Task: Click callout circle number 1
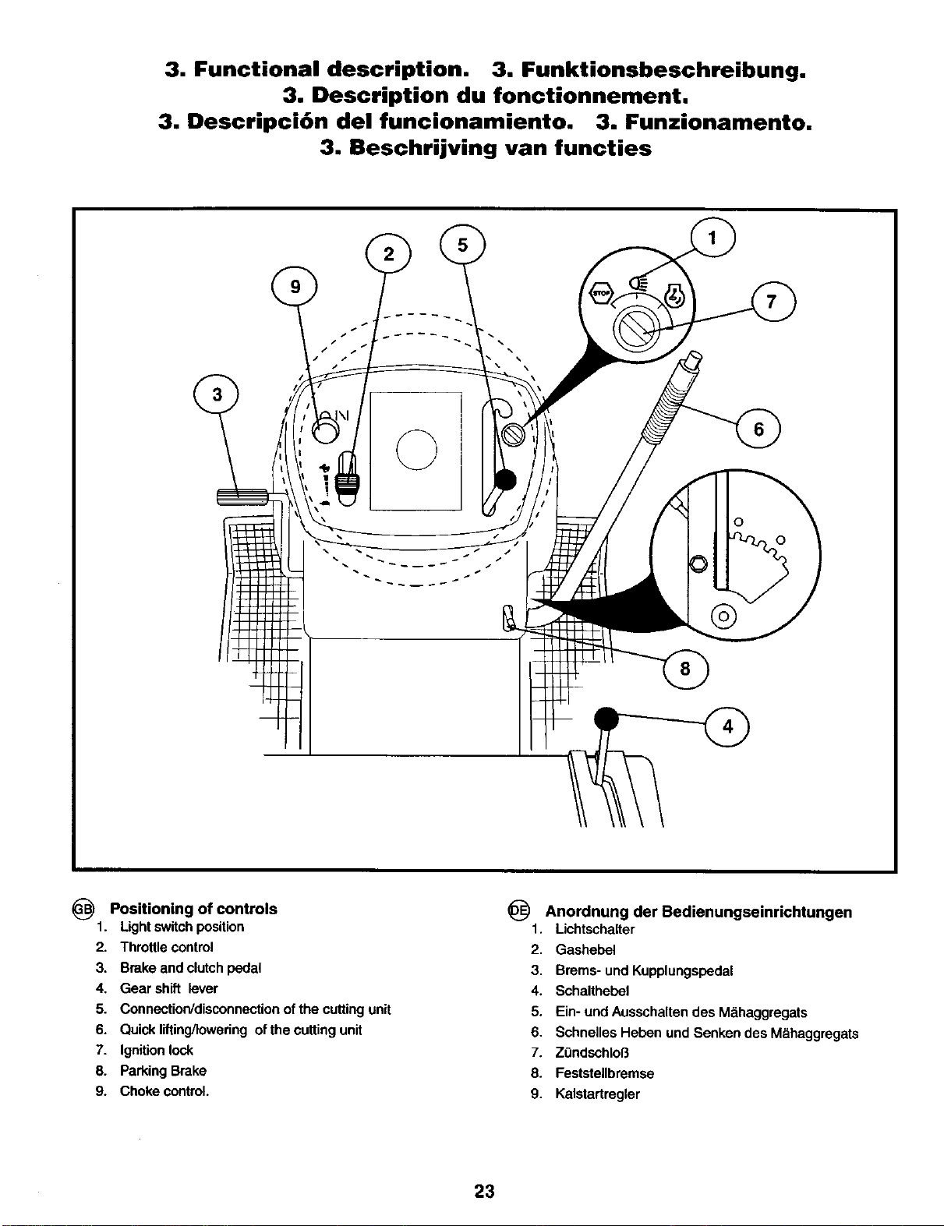tap(712, 238)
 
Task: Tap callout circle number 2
tap(389, 254)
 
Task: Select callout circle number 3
tap(216, 394)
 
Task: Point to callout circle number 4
tap(727, 726)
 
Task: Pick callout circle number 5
tap(463, 245)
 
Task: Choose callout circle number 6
tap(758, 429)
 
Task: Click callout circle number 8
tap(685, 669)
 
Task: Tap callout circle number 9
tap(295, 287)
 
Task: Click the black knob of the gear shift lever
tap(606, 719)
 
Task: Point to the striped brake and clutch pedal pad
tap(242, 497)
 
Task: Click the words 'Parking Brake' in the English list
tap(163, 1070)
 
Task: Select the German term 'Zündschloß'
tap(592, 1052)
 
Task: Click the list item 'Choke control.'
tap(164, 1091)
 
